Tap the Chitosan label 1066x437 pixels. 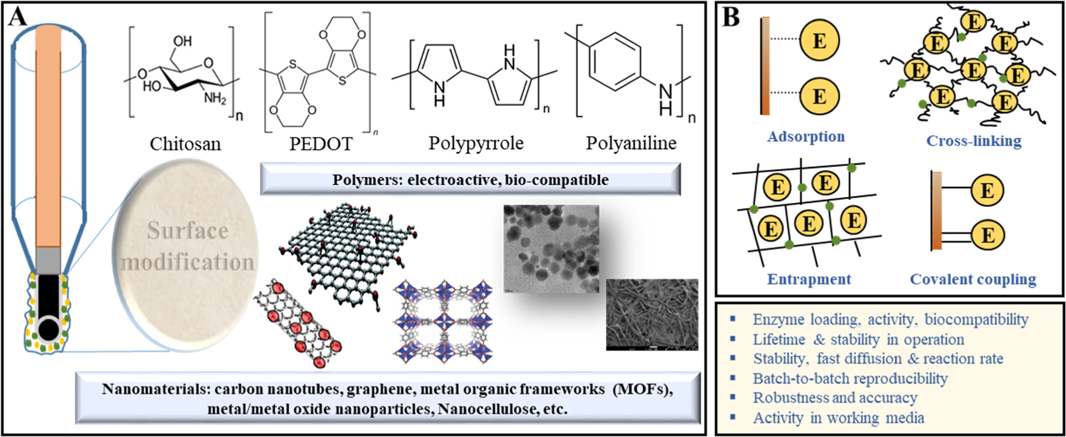point(185,143)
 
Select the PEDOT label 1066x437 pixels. point(321,143)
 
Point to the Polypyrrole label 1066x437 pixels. point(475,143)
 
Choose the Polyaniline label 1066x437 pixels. point(631,143)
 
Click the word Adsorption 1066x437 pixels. point(806,137)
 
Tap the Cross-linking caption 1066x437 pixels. point(974,141)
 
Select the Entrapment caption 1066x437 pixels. point(809,279)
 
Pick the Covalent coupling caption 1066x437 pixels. point(973,279)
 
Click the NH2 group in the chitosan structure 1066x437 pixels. point(215,97)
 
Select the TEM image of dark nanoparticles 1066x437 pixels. point(551,248)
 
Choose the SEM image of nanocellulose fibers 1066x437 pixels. point(652,315)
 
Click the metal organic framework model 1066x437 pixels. point(443,321)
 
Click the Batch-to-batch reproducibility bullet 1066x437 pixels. point(850,378)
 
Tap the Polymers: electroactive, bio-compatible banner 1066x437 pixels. point(470,180)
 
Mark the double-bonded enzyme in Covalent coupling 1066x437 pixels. point(987,236)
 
